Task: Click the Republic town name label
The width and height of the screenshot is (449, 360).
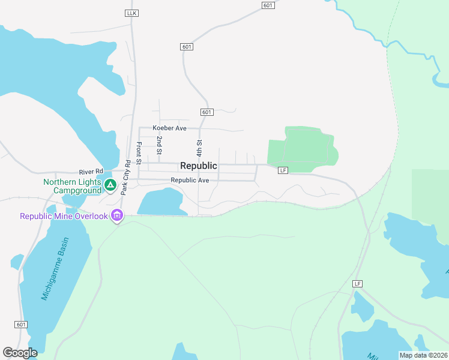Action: [x=199, y=166]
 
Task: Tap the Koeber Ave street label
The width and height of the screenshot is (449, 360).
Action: [x=170, y=128]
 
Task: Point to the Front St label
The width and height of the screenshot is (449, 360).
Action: [x=139, y=153]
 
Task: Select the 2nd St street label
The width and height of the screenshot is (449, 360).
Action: [x=159, y=145]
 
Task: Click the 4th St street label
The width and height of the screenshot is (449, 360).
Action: [x=199, y=148]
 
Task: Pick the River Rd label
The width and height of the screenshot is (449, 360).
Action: [x=91, y=171]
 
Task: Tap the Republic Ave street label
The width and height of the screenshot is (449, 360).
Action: [x=190, y=180]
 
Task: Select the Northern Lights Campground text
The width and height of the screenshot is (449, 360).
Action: [x=71, y=186]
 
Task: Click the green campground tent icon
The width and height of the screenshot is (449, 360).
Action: [x=110, y=185]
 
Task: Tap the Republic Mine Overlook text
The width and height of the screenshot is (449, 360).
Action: [x=64, y=216]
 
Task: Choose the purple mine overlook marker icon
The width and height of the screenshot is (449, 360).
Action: [x=117, y=215]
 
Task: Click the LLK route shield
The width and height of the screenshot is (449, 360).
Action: [x=132, y=13]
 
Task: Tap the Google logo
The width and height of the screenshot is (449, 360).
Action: [x=20, y=353]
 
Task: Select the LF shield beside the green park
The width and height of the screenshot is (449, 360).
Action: [x=283, y=170]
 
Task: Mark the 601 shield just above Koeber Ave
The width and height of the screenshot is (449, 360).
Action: [x=206, y=112]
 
